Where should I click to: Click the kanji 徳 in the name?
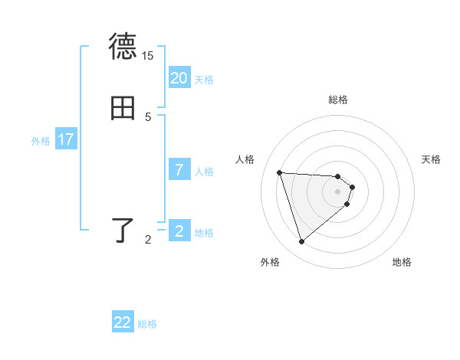coord(123,47)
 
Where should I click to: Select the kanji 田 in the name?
coord(123,109)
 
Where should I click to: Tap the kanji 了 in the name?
coord(123,231)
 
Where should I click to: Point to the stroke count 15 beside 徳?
coord(148,55)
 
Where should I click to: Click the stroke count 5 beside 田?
coord(148,117)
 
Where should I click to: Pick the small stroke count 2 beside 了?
coord(148,240)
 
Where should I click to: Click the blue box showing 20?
coord(179,78)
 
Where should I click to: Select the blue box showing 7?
coord(179,170)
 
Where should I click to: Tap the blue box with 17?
coord(66,139)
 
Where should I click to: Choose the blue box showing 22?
coord(123,322)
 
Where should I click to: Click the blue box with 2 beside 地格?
coord(179,231)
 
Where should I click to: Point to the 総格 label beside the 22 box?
coord(147,324)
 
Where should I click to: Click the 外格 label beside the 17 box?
coord(41,141)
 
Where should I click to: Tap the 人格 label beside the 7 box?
coord(205,172)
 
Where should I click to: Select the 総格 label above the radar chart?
coord(338,100)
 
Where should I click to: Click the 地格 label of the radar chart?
coord(402,262)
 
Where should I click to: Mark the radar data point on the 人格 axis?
coord(280,172)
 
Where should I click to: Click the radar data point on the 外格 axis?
coord(302,242)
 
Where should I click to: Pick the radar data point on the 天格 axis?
coord(352,187)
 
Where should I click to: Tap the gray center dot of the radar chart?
coord(338,191)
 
